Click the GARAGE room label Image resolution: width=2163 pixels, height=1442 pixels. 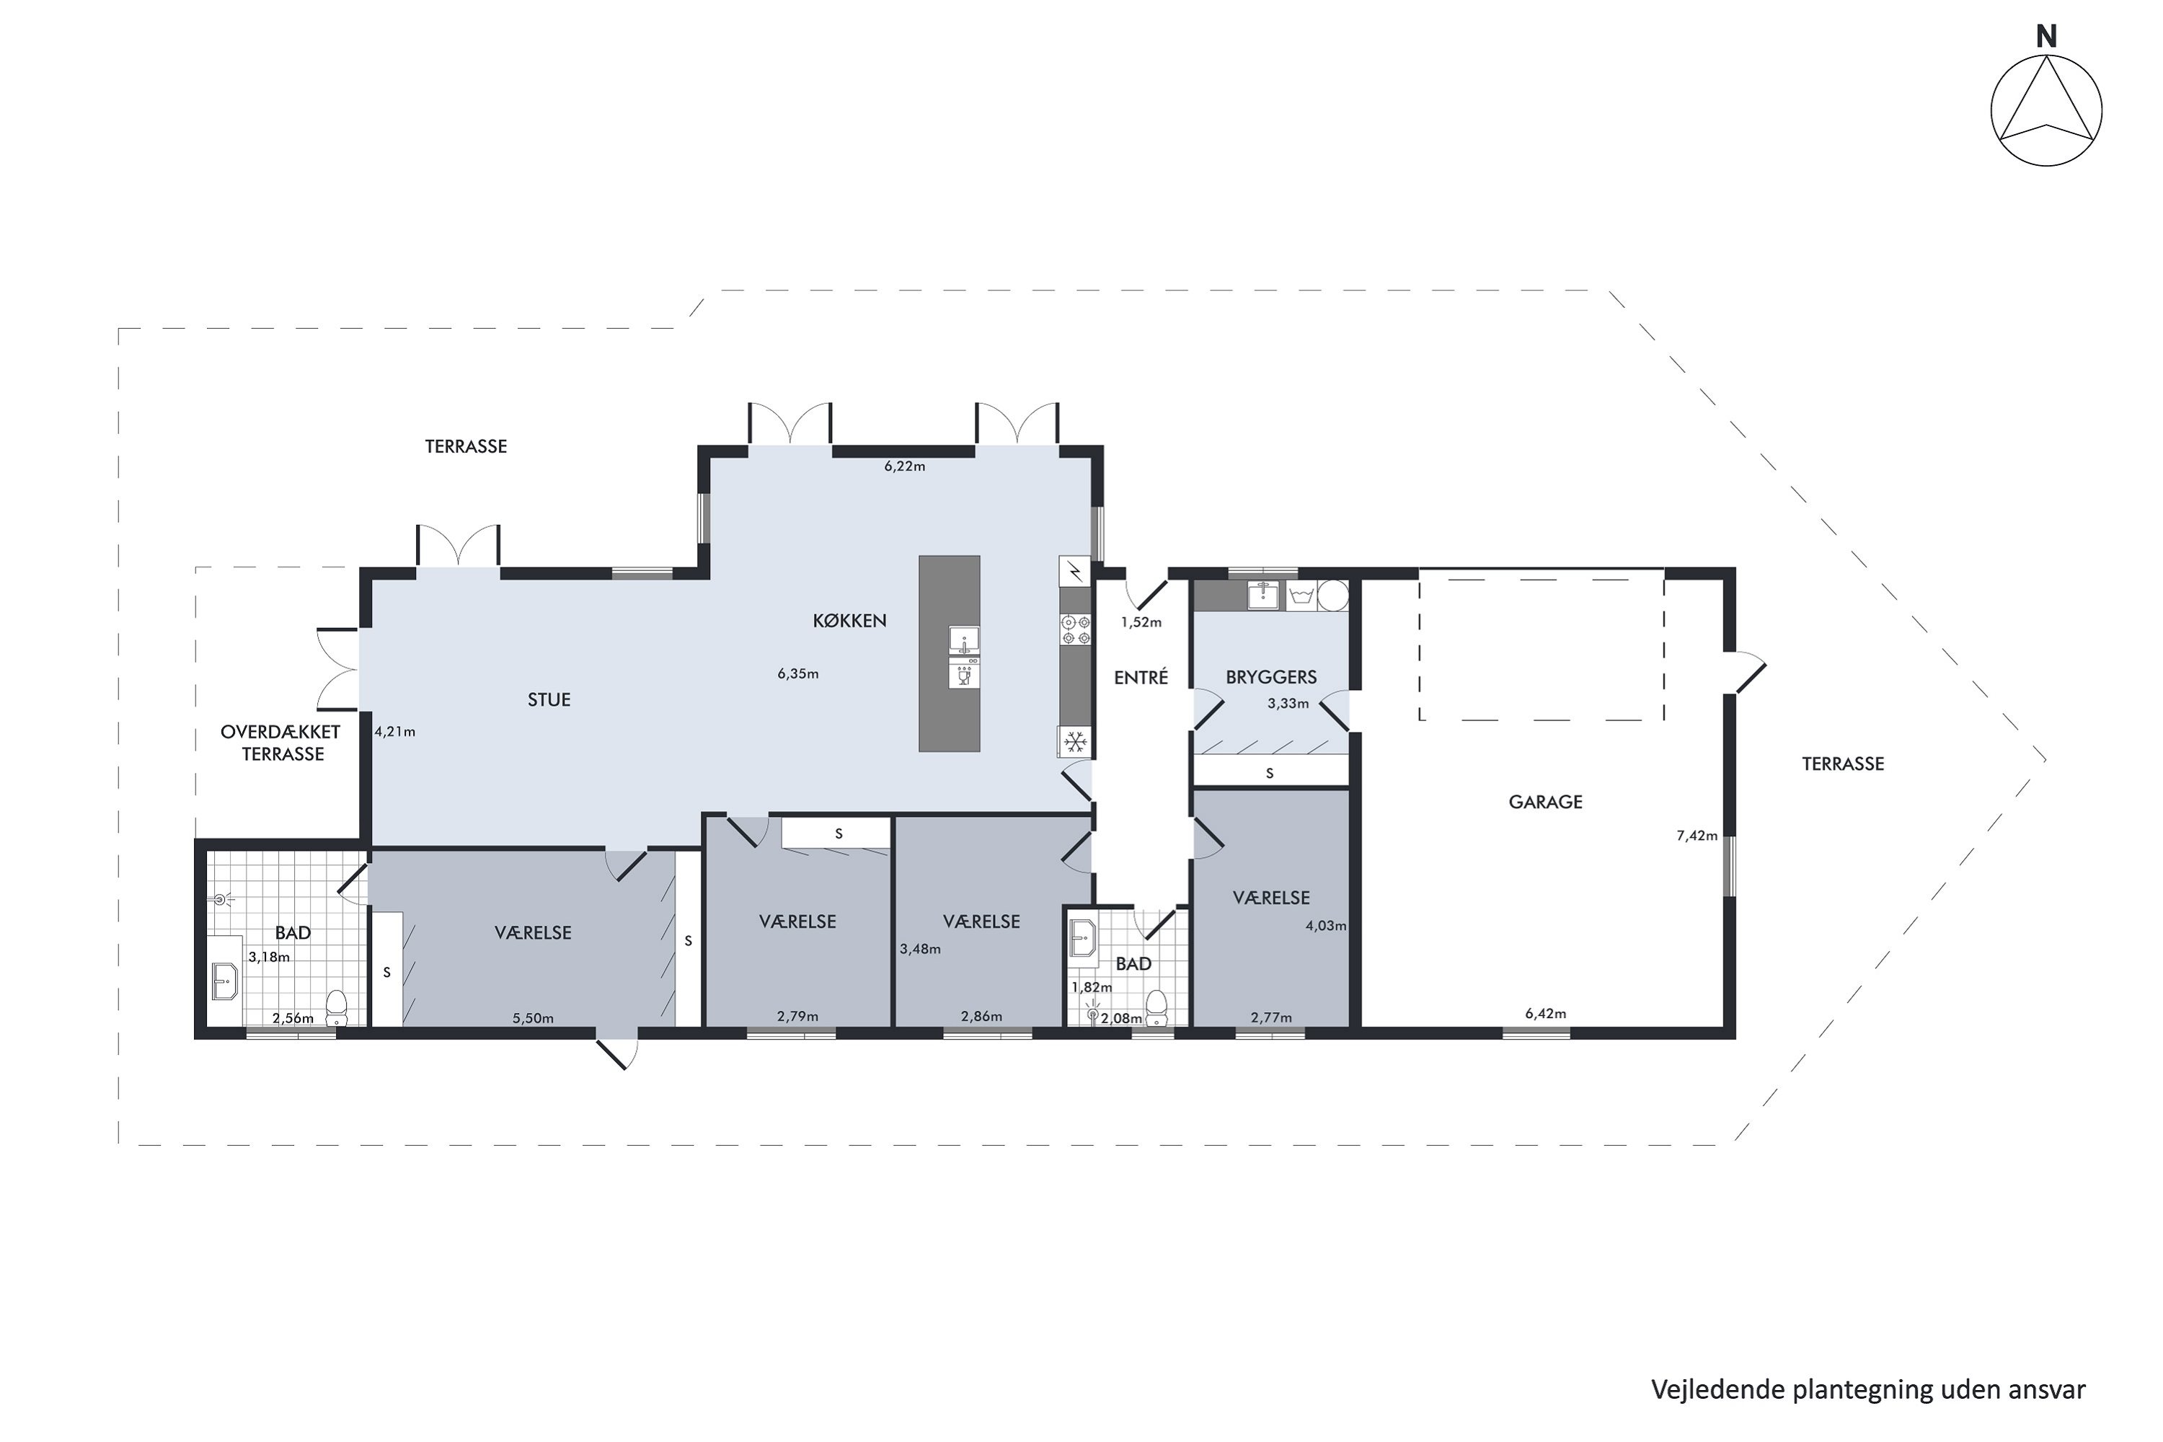click(x=1545, y=802)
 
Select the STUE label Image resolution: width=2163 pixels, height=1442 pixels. click(x=549, y=700)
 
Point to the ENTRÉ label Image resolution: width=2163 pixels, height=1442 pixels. click(x=1141, y=678)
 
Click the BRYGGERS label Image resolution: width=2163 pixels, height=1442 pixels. click(x=1271, y=678)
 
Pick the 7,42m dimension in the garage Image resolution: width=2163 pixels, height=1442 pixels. click(x=1697, y=835)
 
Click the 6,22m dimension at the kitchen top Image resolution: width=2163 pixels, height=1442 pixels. click(x=904, y=466)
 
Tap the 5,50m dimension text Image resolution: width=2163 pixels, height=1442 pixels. click(x=534, y=1018)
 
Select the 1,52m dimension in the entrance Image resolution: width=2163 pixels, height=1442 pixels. click(x=1141, y=623)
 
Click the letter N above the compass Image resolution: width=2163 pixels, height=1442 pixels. click(x=2046, y=37)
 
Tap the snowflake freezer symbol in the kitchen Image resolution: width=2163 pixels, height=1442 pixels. click(x=1075, y=741)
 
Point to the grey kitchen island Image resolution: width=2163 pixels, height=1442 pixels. click(x=949, y=653)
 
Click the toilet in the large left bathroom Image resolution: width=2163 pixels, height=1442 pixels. click(x=337, y=1007)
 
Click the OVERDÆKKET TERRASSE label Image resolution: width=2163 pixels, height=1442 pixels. click(x=281, y=743)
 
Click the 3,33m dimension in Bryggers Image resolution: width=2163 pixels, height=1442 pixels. click(x=1288, y=704)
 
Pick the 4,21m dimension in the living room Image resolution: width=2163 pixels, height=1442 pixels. click(x=394, y=732)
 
